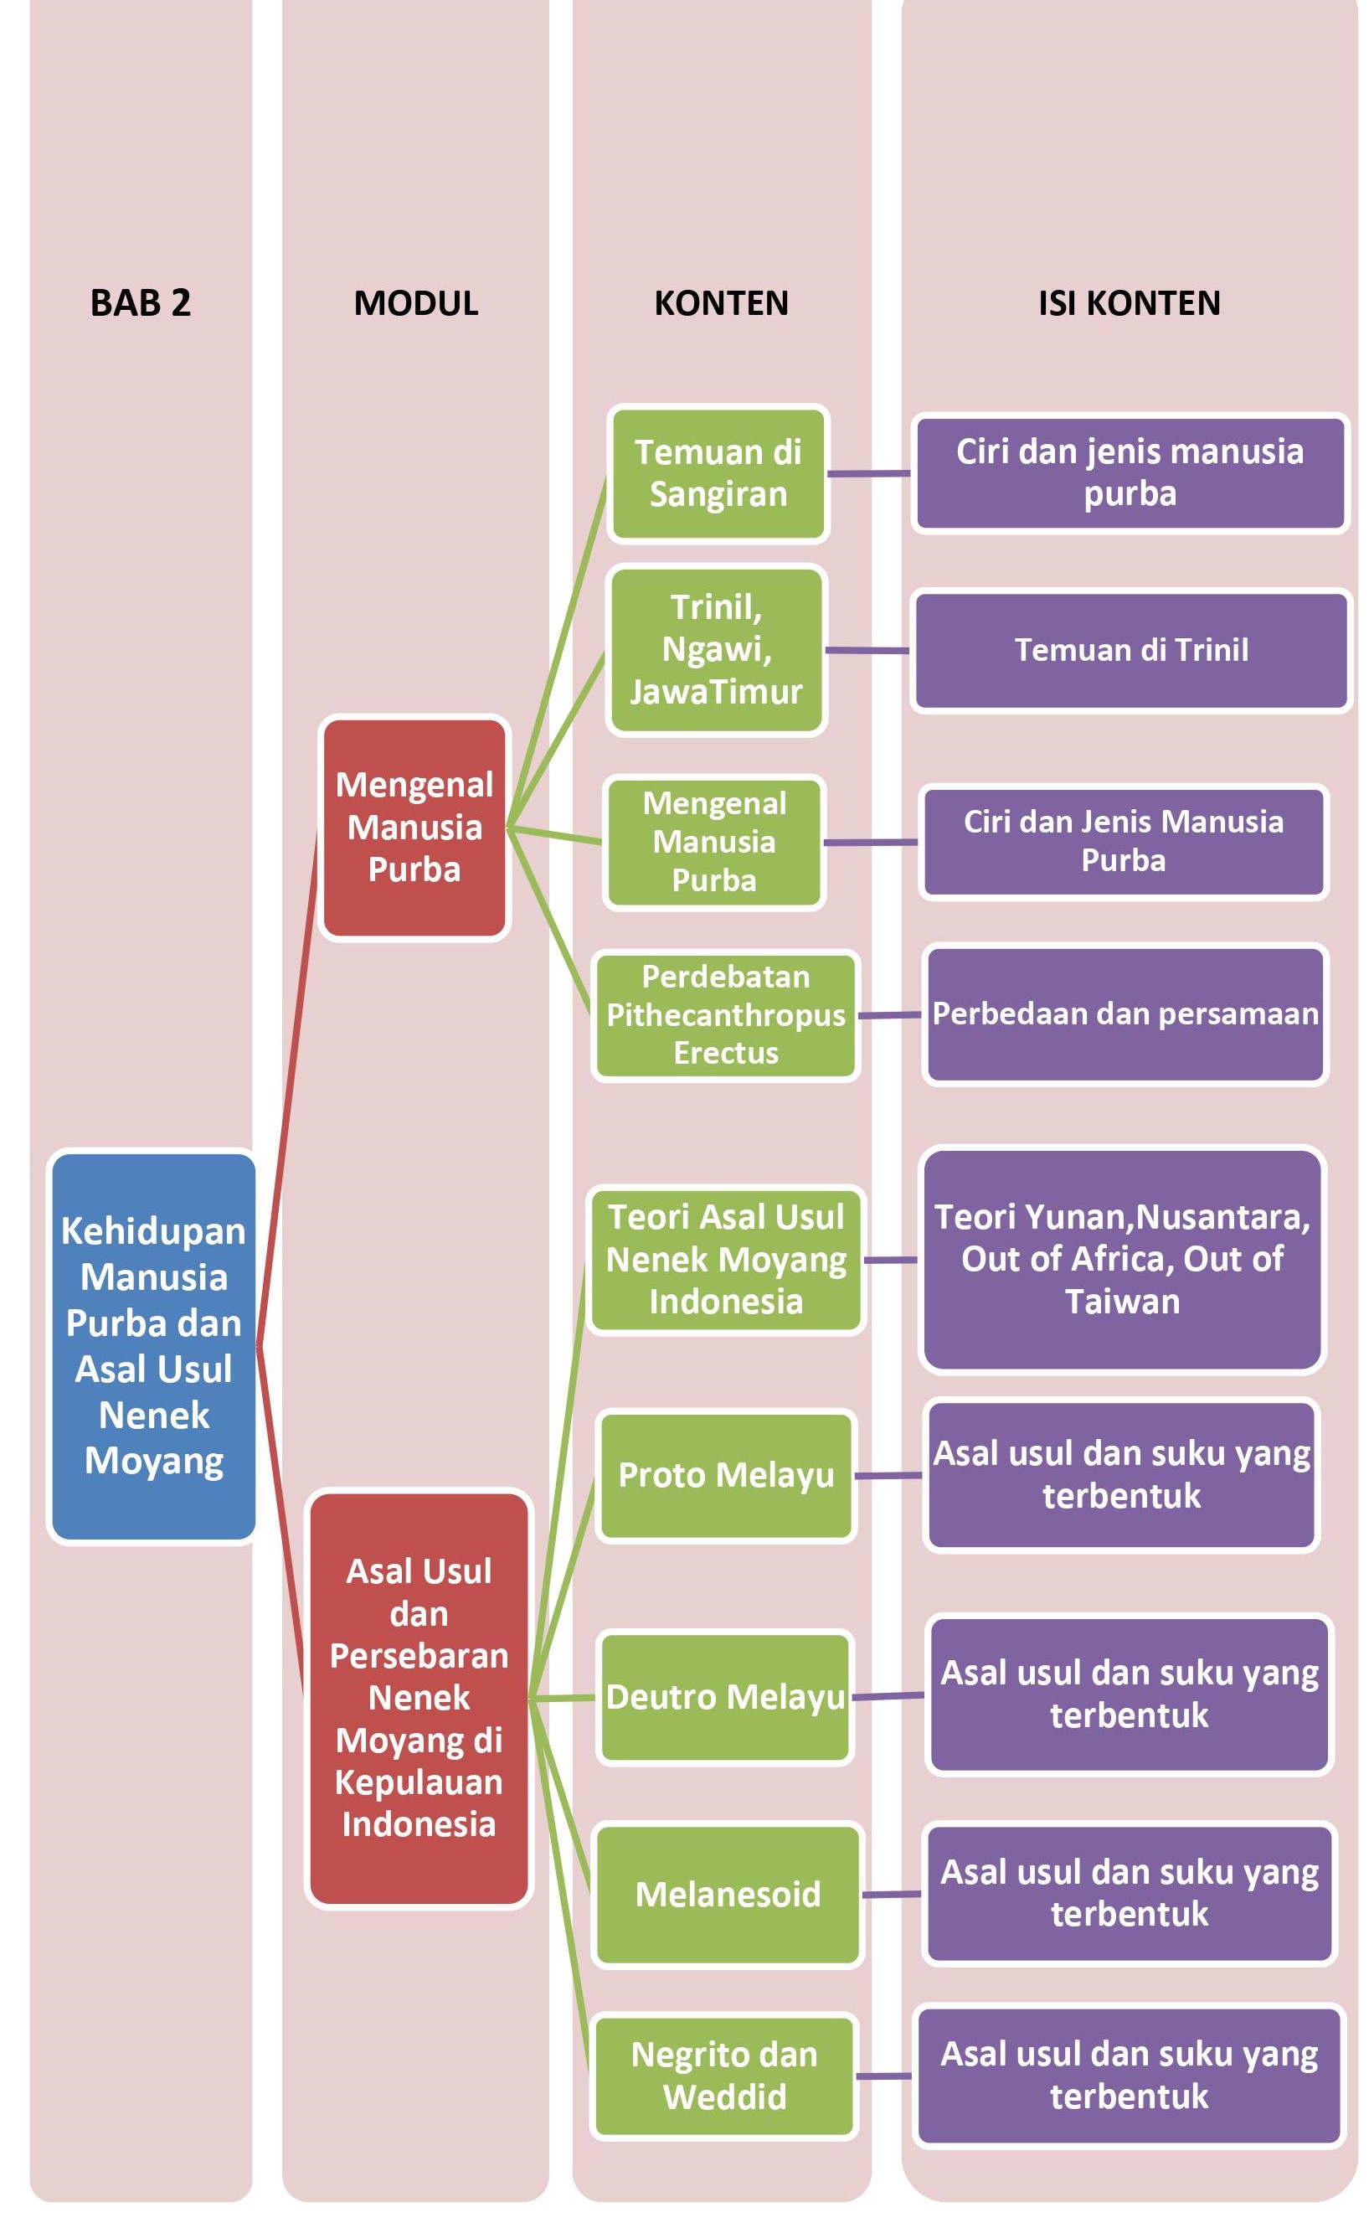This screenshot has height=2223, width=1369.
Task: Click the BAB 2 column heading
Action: click(141, 302)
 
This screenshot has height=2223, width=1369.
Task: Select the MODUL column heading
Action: click(415, 302)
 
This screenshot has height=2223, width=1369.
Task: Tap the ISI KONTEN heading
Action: click(1128, 302)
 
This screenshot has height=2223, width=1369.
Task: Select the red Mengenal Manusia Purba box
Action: click(414, 827)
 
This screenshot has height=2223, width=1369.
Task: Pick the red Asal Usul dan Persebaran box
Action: click(419, 1698)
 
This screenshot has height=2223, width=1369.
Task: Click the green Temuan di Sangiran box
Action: click(718, 473)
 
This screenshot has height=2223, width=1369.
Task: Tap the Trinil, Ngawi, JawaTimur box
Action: click(716, 649)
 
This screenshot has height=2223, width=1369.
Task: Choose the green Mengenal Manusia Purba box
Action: click(713, 842)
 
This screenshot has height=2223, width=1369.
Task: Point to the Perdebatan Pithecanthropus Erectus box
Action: click(725, 1015)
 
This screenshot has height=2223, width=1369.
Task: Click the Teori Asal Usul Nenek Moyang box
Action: click(725, 1259)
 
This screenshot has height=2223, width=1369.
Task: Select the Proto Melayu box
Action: click(725, 1475)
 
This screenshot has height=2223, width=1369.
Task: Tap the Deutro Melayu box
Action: click(725, 1697)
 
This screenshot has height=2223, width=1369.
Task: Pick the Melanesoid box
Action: click(727, 1895)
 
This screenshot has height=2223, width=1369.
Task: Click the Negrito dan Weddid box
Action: click(723, 2076)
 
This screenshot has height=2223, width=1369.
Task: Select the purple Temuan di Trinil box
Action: click(1130, 650)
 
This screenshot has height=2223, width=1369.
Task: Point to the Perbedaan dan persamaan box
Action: click(1125, 1014)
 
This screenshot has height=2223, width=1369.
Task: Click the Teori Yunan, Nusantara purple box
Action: click(1122, 1259)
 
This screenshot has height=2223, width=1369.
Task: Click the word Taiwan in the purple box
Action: click(1122, 1301)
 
